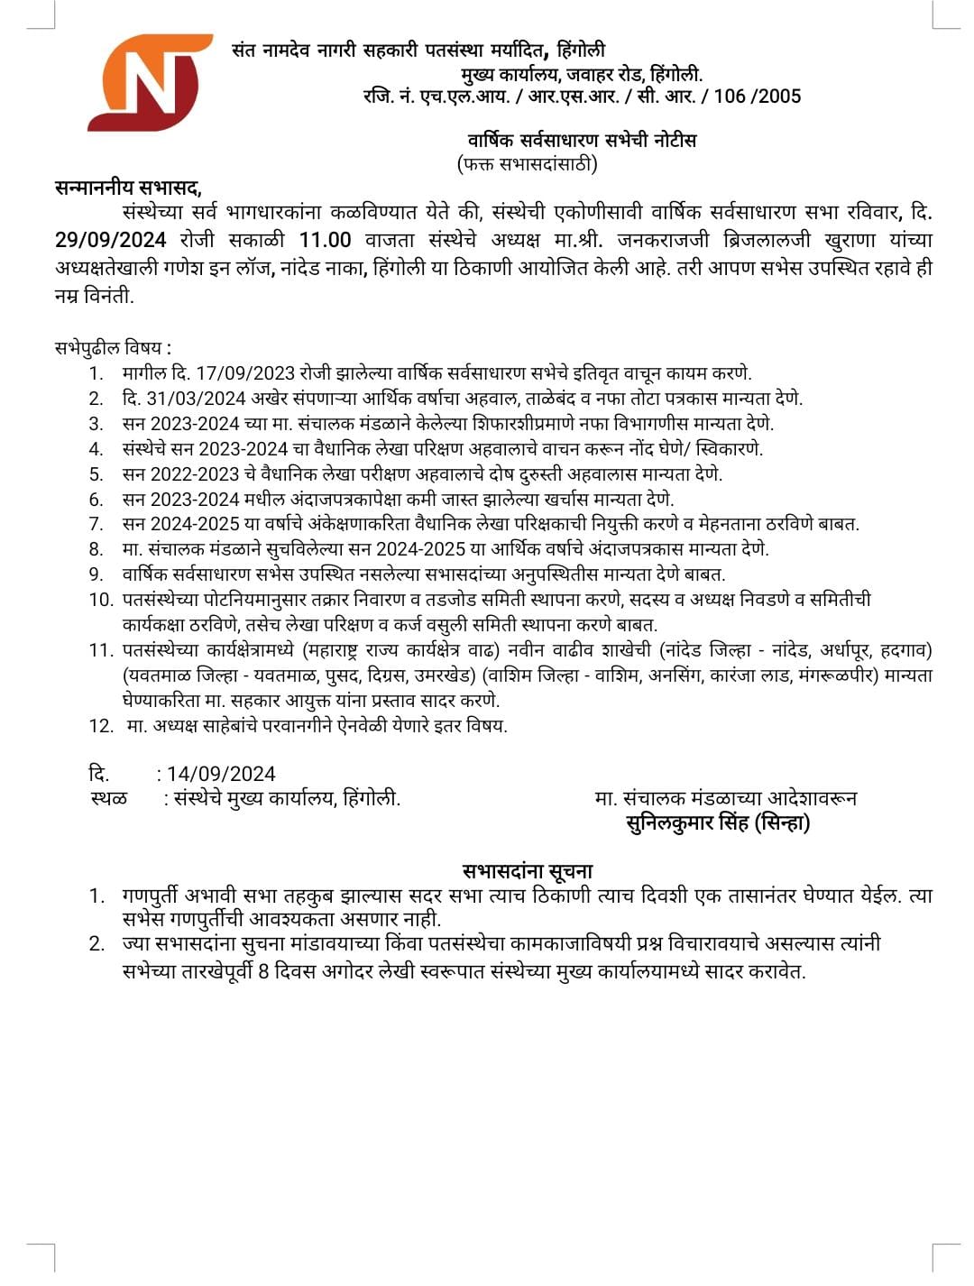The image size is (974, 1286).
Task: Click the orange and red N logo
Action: tap(150, 83)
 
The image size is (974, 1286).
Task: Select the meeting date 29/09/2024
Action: tap(110, 240)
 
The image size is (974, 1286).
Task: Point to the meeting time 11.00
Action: tap(325, 240)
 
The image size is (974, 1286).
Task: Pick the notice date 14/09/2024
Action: tap(221, 774)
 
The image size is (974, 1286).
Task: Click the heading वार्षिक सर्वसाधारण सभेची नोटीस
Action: tap(582, 140)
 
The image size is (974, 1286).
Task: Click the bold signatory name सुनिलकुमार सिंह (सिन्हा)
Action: tap(718, 822)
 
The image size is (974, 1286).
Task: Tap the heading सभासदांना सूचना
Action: tap(528, 871)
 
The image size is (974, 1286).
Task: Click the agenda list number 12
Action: tap(100, 726)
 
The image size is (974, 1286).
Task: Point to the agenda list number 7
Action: tap(96, 524)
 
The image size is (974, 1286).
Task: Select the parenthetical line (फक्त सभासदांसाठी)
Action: tap(528, 164)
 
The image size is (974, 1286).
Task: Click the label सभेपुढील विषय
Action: tap(112, 347)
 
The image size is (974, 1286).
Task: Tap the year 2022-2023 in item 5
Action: tap(194, 474)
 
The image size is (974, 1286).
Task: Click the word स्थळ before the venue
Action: tap(109, 798)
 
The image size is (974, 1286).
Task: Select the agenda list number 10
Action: tap(100, 600)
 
